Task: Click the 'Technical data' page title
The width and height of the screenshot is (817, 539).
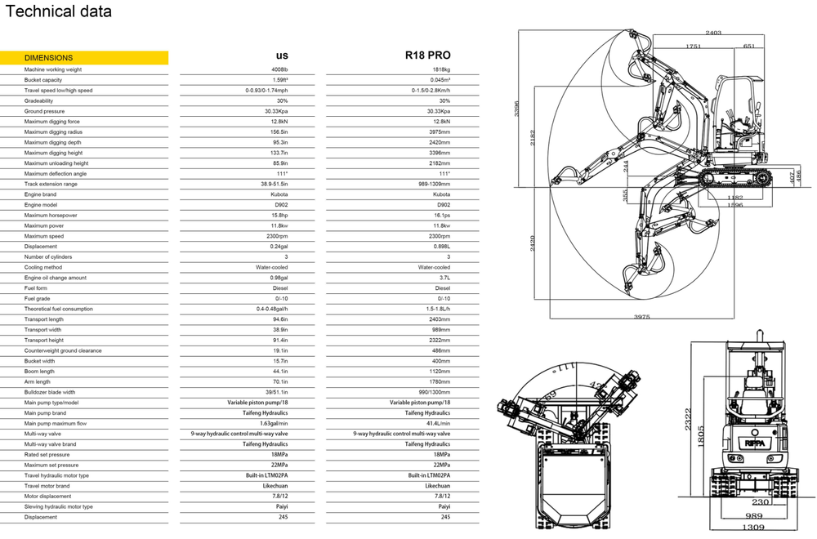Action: coord(59,12)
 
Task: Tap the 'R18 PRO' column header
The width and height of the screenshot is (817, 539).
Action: coord(427,56)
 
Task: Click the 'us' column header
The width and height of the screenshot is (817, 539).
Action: coord(282,56)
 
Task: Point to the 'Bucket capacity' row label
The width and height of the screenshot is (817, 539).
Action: coord(43,80)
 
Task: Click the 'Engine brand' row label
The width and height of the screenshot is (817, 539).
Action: coord(41,194)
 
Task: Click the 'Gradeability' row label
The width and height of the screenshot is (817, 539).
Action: coord(38,100)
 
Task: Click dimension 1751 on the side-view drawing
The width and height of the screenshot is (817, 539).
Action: coord(694,47)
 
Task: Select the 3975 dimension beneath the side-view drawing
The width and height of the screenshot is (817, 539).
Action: coord(643,316)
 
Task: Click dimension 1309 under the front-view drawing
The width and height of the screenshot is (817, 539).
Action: coord(754,528)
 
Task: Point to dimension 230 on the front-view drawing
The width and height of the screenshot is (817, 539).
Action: coord(761,502)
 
